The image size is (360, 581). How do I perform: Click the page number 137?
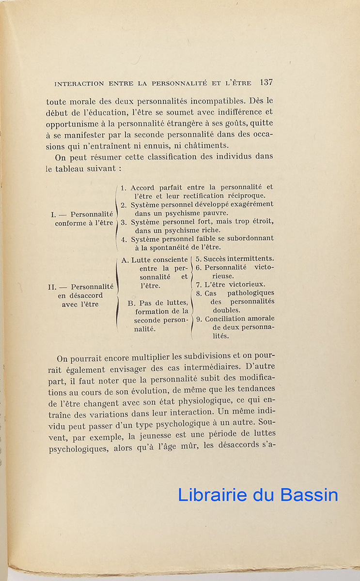(x=266, y=82)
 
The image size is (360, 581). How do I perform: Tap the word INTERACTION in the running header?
(x=79, y=83)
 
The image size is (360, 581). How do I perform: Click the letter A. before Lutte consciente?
(x=125, y=260)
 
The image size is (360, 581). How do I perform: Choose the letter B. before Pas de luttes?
(x=131, y=303)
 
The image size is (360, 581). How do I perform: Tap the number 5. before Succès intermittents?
(x=199, y=259)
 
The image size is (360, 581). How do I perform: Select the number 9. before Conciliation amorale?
(x=199, y=319)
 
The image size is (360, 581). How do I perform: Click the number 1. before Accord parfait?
(x=124, y=187)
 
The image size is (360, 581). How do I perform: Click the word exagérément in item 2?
(x=250, y=204)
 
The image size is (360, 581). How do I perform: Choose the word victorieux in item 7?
(x=247, y=285)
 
